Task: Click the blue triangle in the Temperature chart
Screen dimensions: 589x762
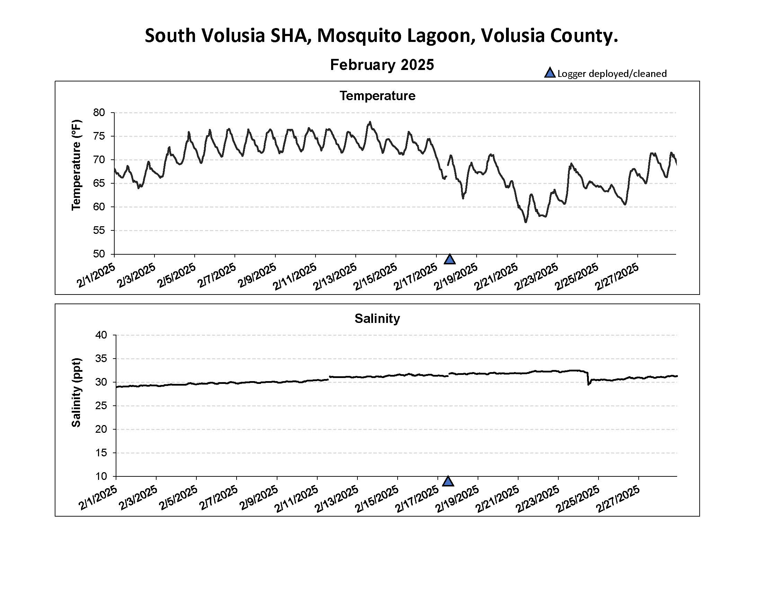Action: click(450, 260)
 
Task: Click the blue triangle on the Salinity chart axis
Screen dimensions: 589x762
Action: click(448, 482)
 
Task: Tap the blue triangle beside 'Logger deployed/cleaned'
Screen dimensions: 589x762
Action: click(550, 73)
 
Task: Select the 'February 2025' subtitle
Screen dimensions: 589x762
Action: click(382, 65)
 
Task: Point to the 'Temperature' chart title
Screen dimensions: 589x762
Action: click(378, 96)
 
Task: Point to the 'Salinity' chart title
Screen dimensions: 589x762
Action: click(377, 318)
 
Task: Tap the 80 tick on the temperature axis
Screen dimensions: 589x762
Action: click(99, 112)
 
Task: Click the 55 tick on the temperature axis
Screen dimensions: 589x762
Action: click(99, 230)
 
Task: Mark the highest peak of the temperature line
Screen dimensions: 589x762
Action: click(370, 122)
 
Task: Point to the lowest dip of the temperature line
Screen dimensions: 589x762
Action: click(526, 222)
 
